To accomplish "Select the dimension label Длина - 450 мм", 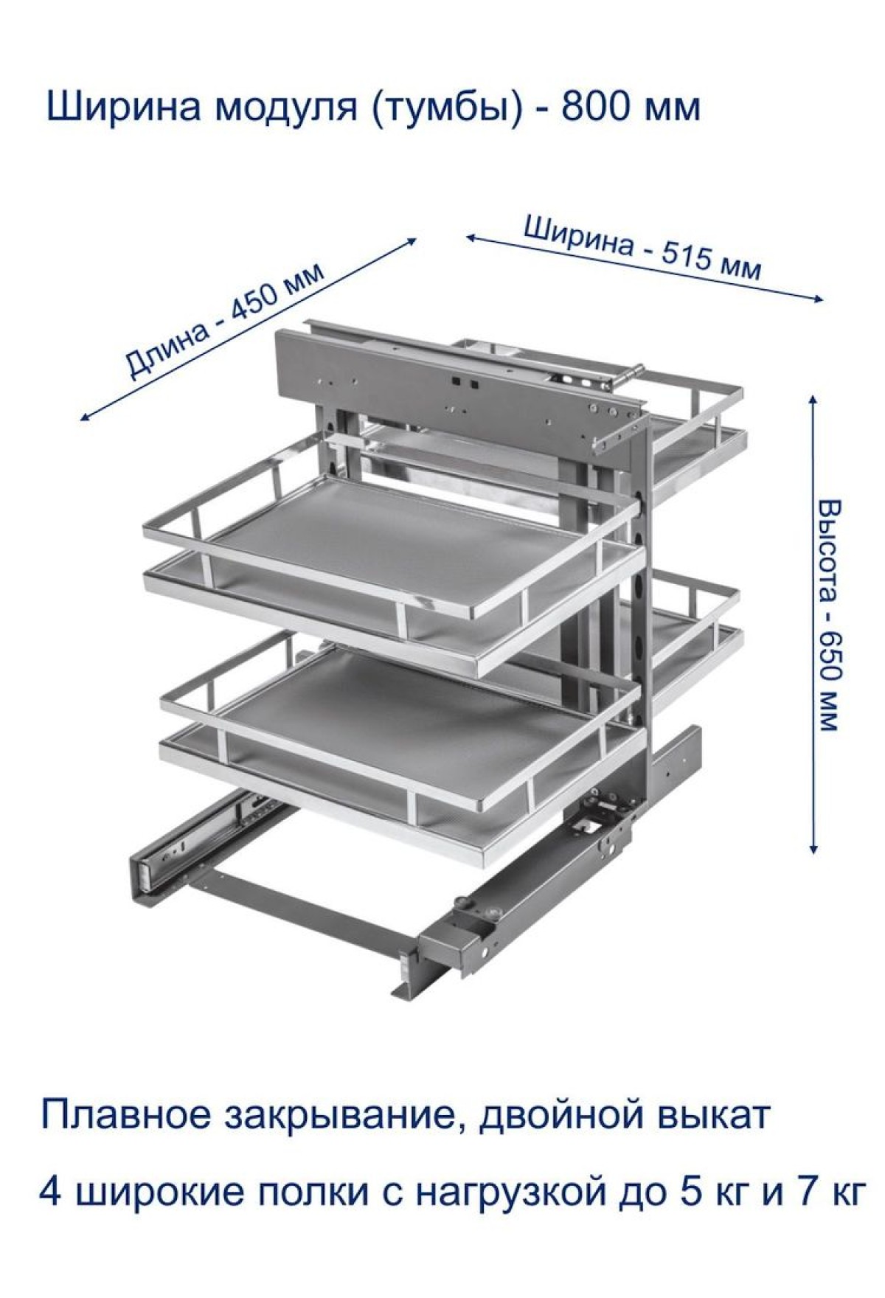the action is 224,319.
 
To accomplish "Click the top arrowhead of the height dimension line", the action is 813,399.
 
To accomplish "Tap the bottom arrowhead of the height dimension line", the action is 813,849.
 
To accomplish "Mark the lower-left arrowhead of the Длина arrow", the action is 85,417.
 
